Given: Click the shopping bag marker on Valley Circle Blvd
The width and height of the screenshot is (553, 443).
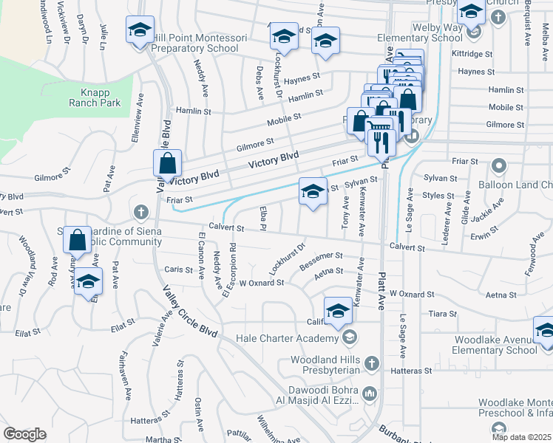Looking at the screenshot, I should (x=169, y=163).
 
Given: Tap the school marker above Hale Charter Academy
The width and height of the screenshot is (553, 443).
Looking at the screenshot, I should (x=338, y=309).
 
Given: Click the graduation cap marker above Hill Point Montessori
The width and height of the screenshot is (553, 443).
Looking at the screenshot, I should (x=140, y=30).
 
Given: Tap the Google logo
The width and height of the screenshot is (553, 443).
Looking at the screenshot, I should (x=24, y=434).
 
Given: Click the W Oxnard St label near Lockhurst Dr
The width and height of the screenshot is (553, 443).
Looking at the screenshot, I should (x=262, y=283).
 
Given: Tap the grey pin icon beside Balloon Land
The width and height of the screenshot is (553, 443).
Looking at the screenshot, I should (x=499, y=165).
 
